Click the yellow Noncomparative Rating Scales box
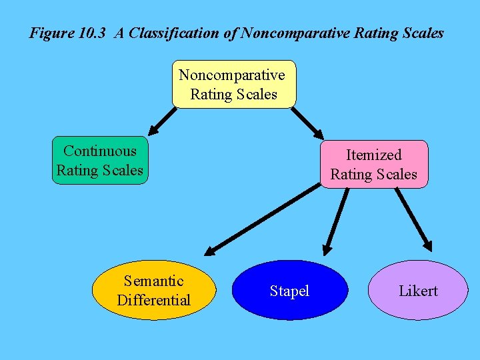tap(233, 84)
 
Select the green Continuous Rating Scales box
tap(100, 161)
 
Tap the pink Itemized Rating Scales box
tap(373, 164)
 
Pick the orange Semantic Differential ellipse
tap(154, 291)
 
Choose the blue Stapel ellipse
tap(289, 291)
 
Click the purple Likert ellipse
tap(418, 291)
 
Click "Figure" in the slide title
tap(51, 33)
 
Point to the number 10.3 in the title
tap(92, 33)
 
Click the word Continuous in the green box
tap(100, 151)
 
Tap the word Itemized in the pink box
tap(373, 155)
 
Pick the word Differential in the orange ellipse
tap(154, 301)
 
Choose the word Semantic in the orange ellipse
tap(154, 281)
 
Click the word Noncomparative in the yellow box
tap(232, 75)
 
